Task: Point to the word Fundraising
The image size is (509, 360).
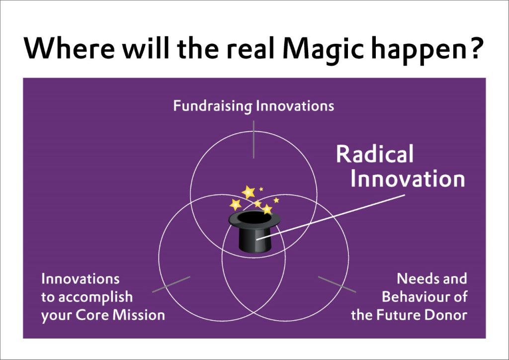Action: click(213, 106)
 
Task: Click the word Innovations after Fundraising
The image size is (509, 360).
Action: click(295, 106)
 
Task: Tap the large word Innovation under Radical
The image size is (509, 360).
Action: click(408, 179)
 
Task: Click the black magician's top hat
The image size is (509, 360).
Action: click(254, 231)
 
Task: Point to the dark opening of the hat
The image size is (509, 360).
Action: click(254, 218)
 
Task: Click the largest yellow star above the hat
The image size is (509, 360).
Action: click(249, 192)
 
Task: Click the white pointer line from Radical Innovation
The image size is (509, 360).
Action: click(331, 217)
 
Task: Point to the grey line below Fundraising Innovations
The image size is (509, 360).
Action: click(254, 140)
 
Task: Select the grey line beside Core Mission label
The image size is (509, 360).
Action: click(171, 284)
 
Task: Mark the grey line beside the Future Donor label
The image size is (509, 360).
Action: click(337, 284)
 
